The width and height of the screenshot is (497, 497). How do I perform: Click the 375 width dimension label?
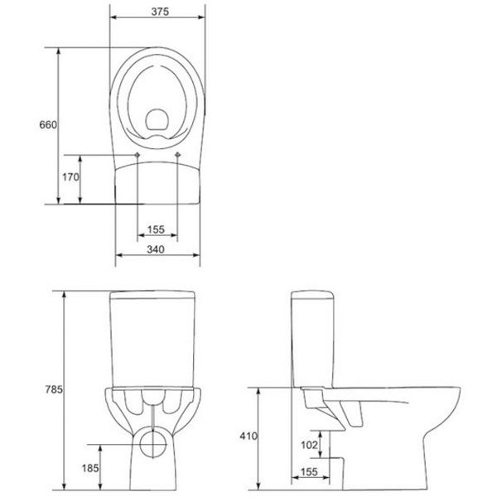pos(160,12)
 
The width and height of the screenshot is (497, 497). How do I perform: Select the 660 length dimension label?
pos(48,125)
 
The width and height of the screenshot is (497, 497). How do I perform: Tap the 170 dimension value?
pos(70,177)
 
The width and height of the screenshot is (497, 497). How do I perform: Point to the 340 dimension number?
pos(156,249)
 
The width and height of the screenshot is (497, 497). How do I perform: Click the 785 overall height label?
pos(54,389)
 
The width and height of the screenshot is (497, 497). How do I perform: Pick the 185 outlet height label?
pos(90,468)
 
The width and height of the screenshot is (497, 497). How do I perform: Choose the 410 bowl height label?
pos(248,437)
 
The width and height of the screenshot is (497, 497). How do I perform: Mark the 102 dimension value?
pos(309,446)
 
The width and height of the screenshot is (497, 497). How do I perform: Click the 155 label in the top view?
pos(156,229)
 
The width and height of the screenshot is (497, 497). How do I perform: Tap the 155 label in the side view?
pos(309,472)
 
